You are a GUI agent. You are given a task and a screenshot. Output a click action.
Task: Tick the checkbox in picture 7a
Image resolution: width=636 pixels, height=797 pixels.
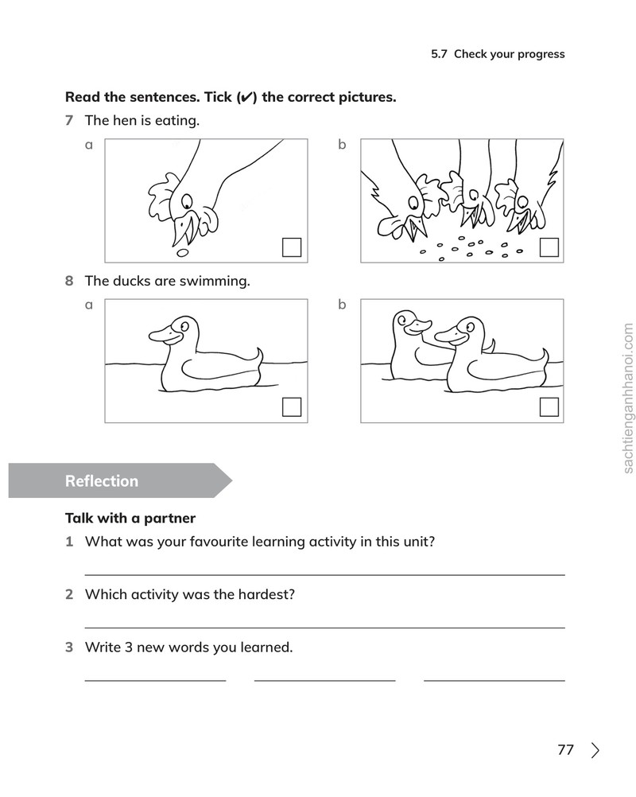tap(292, 247)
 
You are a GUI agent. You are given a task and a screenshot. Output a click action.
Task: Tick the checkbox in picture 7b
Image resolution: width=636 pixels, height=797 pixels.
tap(549, 247)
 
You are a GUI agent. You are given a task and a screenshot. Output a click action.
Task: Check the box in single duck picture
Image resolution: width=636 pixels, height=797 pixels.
tap(292, 407)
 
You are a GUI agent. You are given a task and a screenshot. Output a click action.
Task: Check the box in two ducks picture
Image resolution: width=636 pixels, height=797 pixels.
tap(549, 407)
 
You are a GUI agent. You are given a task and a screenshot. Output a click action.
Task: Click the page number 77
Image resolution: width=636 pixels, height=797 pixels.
tap(565, 750)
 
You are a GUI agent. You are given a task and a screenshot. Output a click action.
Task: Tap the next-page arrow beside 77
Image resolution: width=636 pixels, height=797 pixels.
tap(595, 750)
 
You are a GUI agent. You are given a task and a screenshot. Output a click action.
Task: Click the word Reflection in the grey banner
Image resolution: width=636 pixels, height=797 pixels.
tap(102, 481)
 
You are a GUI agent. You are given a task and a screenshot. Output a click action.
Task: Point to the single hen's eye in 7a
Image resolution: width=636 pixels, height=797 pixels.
tap(188, 200)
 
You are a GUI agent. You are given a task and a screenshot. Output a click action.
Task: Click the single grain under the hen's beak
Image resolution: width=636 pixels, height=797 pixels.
tap(182, 253)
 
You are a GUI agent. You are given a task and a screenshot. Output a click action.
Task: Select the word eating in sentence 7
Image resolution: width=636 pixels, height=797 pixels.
tap(176, 121)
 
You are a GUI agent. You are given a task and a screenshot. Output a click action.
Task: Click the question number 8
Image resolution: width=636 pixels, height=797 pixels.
tap(69, 281)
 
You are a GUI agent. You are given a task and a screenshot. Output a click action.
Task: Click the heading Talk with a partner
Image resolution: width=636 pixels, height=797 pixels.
tap(130, 518)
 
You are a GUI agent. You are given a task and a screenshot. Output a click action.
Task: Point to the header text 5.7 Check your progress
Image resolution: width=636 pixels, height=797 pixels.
tap(498, 54)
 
